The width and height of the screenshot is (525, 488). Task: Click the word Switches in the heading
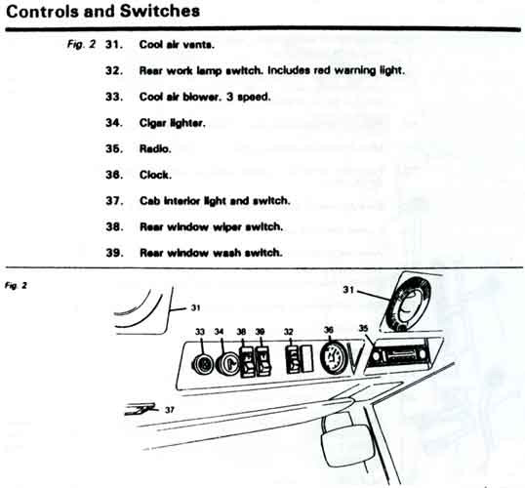(x=160, y=11)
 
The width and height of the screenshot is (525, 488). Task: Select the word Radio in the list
(x=155, y=148)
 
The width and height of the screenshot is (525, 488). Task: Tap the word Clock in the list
(x=155, y=175)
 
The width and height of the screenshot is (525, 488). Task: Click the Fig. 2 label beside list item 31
(x=81, y=44)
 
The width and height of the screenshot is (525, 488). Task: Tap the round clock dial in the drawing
(x=332, y=359)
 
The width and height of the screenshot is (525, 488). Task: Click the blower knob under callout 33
(x=203, y=364)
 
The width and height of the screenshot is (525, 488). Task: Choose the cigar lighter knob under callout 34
(x=227, y=363)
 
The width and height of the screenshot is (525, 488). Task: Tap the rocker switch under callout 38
(x=247, y=362)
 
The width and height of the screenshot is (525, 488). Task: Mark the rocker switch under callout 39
(x=263, y=361)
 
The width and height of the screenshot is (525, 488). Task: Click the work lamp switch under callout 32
(x=293, y=360)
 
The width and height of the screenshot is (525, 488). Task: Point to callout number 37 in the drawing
(x=170, y=410)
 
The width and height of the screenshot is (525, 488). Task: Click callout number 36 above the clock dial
(x=329, y=330)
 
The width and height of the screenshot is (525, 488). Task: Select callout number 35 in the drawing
(x=363, y=328)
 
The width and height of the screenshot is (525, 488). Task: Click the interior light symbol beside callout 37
(x=141, y=409)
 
